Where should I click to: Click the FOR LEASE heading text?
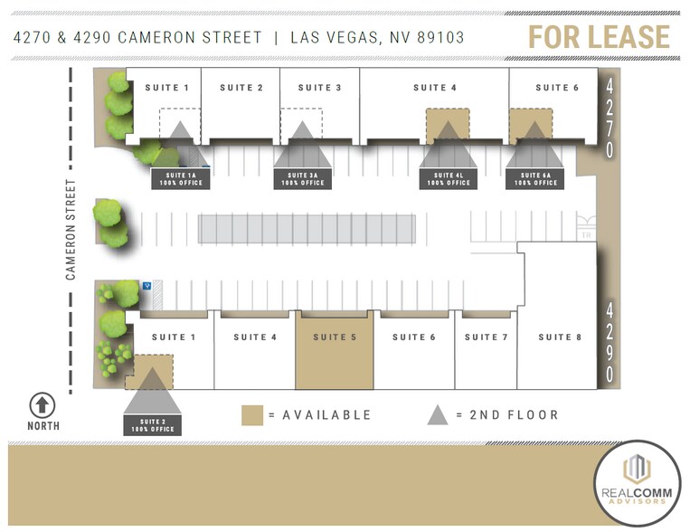point(600,37)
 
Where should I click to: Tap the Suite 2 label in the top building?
point(241,88)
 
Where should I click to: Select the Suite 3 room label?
point(320,88)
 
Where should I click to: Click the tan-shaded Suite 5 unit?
point(335,348)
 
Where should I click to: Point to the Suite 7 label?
point(487,337)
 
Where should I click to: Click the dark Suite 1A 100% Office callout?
point(180,179)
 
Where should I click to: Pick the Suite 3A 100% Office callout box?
point(302,179)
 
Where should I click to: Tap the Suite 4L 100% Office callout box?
point(448,179)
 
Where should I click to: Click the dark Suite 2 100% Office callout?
point(152,425)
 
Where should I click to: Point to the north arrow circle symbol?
point(43,405)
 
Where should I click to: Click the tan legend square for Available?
point(252,415)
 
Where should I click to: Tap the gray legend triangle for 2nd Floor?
point(438,414)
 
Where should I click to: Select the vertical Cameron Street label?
point(71,228)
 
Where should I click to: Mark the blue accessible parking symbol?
point(147,285)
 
